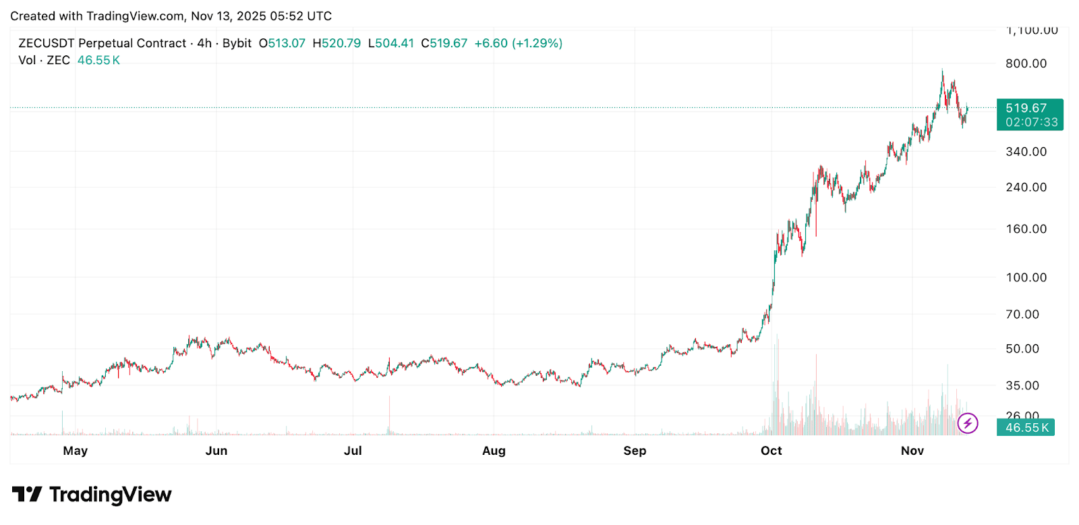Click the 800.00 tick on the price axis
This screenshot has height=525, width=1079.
[x=1026, y=63]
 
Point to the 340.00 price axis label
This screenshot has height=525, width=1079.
[x=1026, y=152]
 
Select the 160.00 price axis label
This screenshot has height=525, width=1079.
[x=1026, y=229]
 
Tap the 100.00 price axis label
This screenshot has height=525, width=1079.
[x=1026, y=277]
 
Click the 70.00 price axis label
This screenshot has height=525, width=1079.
[x=1022, y=314]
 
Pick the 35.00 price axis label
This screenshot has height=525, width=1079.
[x=1022, y=385]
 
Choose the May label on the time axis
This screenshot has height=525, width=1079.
[x=75, y=451]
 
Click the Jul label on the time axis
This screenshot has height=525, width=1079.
[x=353, y=451]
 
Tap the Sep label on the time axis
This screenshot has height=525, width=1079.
[x=635, y=451]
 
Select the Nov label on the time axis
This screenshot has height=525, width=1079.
[x=912, y=451]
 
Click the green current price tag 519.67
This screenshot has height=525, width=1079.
[x=1026, y=108]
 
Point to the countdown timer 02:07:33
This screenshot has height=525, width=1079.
[x=1031, y=122]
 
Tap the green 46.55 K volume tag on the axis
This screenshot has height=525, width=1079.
[x=1026, y=428]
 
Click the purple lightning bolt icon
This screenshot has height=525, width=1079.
[x=968, y=423]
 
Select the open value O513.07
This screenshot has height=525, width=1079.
[x=282, y=43]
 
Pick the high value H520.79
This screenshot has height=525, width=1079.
[x=337, y=43]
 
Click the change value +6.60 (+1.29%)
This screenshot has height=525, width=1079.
[x=518, y=43]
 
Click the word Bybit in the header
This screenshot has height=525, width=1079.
[x=237, y=43]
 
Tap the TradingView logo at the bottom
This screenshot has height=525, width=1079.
[x=92, y=495]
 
